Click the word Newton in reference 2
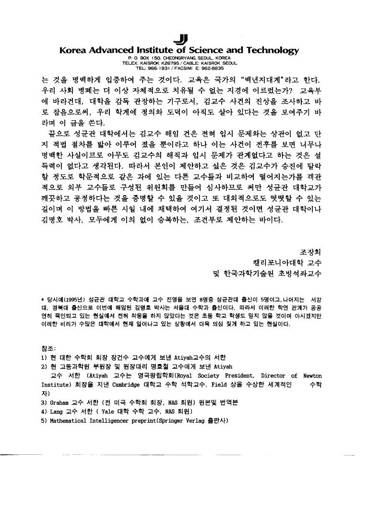[312, 376]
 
